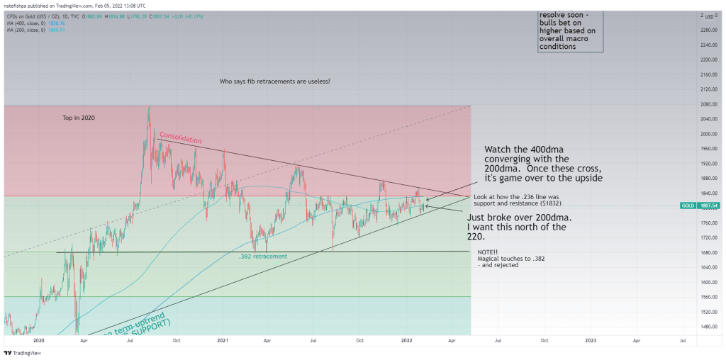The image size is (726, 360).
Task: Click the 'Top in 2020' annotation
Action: click(79, 117)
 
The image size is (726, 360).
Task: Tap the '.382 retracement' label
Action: click(262, 256)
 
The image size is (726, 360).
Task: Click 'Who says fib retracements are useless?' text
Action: click(275, 81)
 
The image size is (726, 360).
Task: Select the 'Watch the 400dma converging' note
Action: click(543, 164)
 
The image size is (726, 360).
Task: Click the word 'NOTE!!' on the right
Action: click(488, 252)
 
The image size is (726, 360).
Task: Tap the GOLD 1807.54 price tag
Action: click(696, 206)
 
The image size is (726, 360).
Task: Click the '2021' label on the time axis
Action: click(223, 340)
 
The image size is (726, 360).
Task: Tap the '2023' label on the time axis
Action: click(591, 340)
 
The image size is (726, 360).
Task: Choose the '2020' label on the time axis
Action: click(38, 340)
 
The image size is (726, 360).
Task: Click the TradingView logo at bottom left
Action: click(21, 352)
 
